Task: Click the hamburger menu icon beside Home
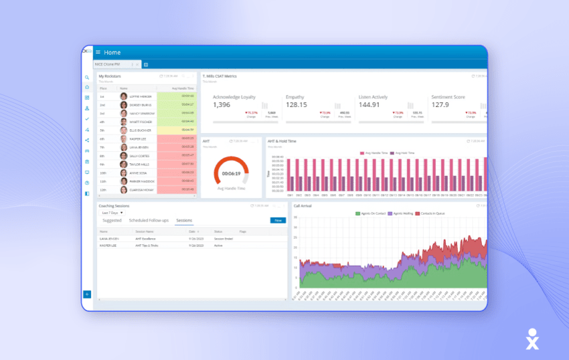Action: pyautogui.click(x=98, y=52)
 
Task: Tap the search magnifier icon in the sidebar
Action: pyautogui.click(x=87, y=78)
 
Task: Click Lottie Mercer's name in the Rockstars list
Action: pyautogui.click(x=141, y=96)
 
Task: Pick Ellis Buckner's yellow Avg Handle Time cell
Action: pyautogui.click(x=177, y=130)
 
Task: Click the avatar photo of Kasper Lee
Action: pyautogui.click(x=124, y=139)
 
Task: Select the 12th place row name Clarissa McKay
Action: pyautogui.click(x=141, y=190)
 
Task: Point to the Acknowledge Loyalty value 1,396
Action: pyautogui.click(x=222, y=105)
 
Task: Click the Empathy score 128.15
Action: pyautogui.click(x=296, y=105)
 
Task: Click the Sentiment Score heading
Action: pyautogui.click(x=449, y=97)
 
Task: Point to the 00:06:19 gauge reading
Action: pyautogui.click(x=231, y=173)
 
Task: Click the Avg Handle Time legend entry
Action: pyautogui.click(x=376, y=153)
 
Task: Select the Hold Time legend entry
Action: pyautogui.click(x=404, y=153)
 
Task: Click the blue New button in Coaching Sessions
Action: pyautogui.click(x=276, y=220)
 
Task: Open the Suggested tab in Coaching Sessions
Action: pyautogui.click(x=112, y=220)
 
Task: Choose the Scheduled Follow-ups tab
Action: pyautogui.click(x=149, y=220)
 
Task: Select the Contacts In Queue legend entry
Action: pyautogui.click(x=432, y=213)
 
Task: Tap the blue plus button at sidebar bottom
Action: pyautogui.click(x=87, y=294)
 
